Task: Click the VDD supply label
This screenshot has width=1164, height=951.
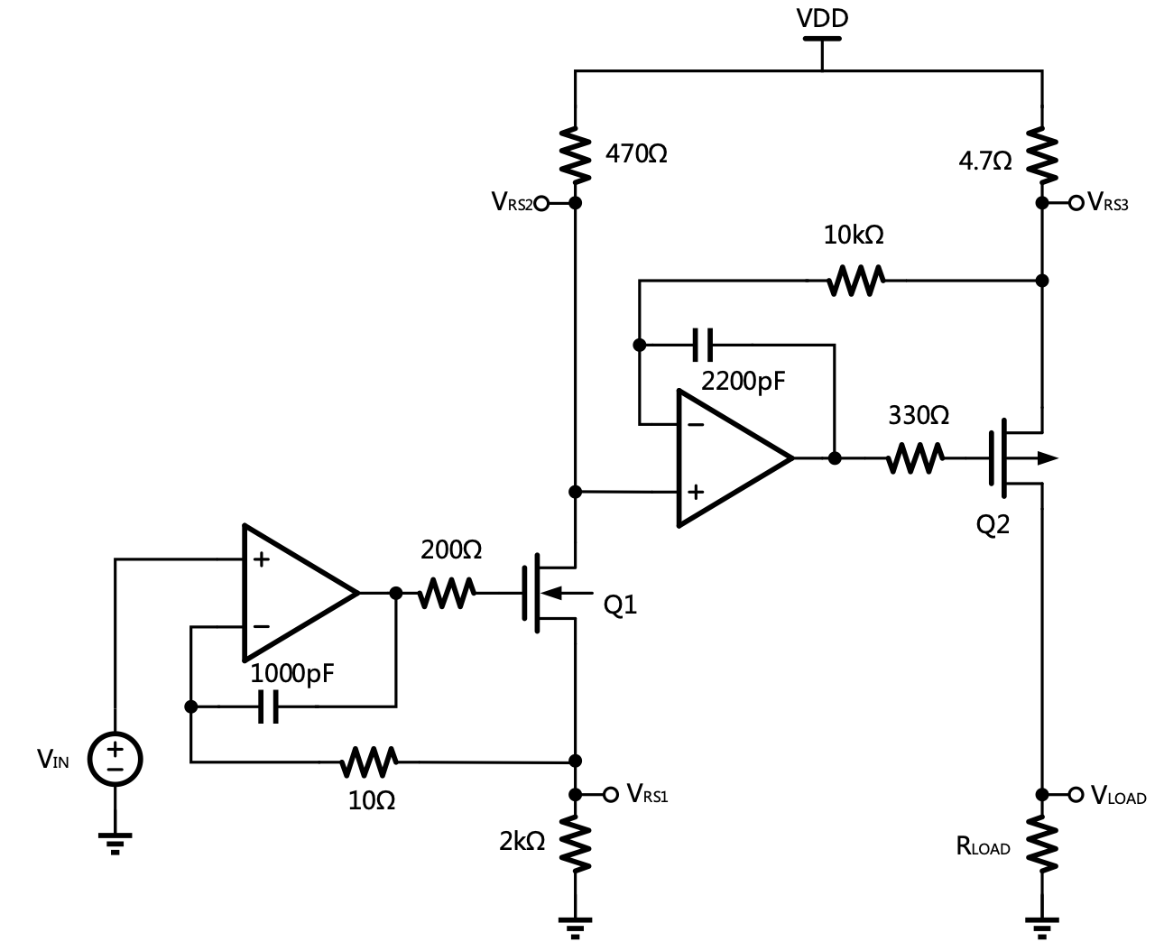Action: click(822, 18)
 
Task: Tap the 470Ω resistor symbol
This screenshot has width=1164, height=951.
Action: click(575, 152)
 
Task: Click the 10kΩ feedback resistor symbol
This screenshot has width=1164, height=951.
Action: click(855, 281)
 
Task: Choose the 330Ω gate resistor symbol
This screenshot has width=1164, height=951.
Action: click(915, 458)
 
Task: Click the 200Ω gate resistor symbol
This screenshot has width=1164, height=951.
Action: click(447, 593)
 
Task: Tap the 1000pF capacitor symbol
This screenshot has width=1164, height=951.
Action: click(269, 706)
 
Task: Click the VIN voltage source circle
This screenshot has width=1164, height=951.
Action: click(115, 758)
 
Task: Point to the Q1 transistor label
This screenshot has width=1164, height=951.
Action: click(620, 605)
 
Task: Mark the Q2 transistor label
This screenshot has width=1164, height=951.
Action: click(993, 525)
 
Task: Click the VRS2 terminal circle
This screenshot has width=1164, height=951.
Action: click(541, 203)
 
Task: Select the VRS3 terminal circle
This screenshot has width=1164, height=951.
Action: click(1076, 203)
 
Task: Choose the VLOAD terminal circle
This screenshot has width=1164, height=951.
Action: click(1076, 794)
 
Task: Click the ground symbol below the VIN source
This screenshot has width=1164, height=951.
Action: click(115, 842)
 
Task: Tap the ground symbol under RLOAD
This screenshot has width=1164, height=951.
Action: click(1042, 927)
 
